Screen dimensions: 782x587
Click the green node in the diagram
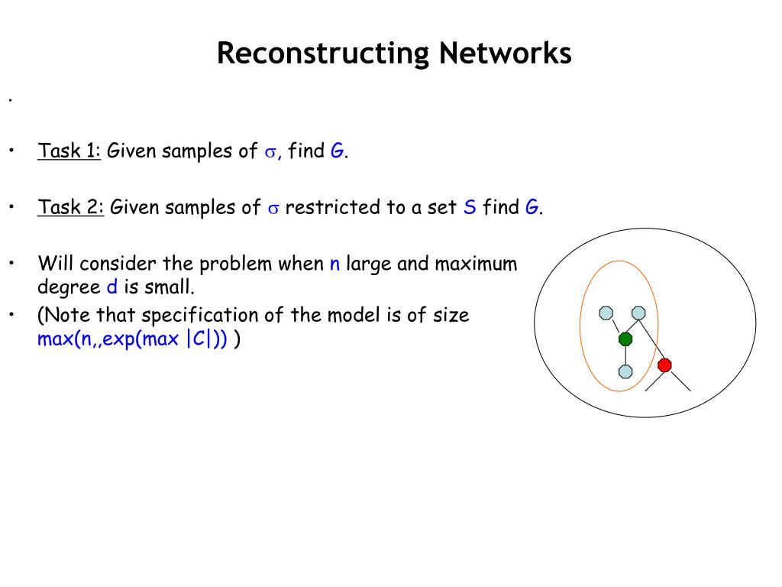coord(625,339)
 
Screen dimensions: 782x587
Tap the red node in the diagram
coord(664,365)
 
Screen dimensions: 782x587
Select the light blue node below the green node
coord(625,371)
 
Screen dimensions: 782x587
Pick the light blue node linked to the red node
coord(638,312)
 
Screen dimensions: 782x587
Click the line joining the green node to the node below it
coord(625,355)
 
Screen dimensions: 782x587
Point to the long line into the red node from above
coord(651,339)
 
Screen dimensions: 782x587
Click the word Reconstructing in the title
coord(323,53)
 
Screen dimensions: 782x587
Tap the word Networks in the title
coord(505,53)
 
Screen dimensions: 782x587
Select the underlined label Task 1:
coord(69,151)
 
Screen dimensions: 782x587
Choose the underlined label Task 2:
coord(71,207)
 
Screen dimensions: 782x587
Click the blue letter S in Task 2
coord(470,207)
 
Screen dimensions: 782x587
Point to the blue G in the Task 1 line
coord(337,151)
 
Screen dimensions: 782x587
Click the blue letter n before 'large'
coord(334,264)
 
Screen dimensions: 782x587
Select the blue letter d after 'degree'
coord(110,287)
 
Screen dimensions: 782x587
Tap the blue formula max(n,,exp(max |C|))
coord(132,339)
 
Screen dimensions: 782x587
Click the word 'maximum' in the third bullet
coord(476,264)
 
